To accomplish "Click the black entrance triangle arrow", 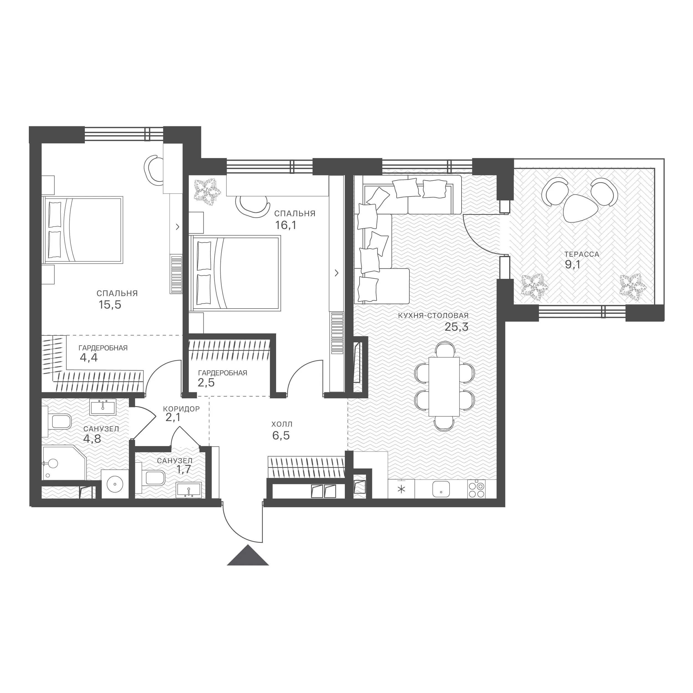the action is (x=248, y=555).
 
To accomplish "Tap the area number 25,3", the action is (x=456, y=327).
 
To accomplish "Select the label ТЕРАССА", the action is (x=582, y=254).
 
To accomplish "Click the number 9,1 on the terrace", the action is (x=572, y=265).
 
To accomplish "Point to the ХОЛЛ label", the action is (x=282, y=424).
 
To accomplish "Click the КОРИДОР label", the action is (x=181, y=409).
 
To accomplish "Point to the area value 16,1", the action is (x=286, y=225).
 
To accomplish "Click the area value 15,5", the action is (x=110, y=305).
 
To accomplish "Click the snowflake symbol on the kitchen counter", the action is (x=401, y=489).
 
